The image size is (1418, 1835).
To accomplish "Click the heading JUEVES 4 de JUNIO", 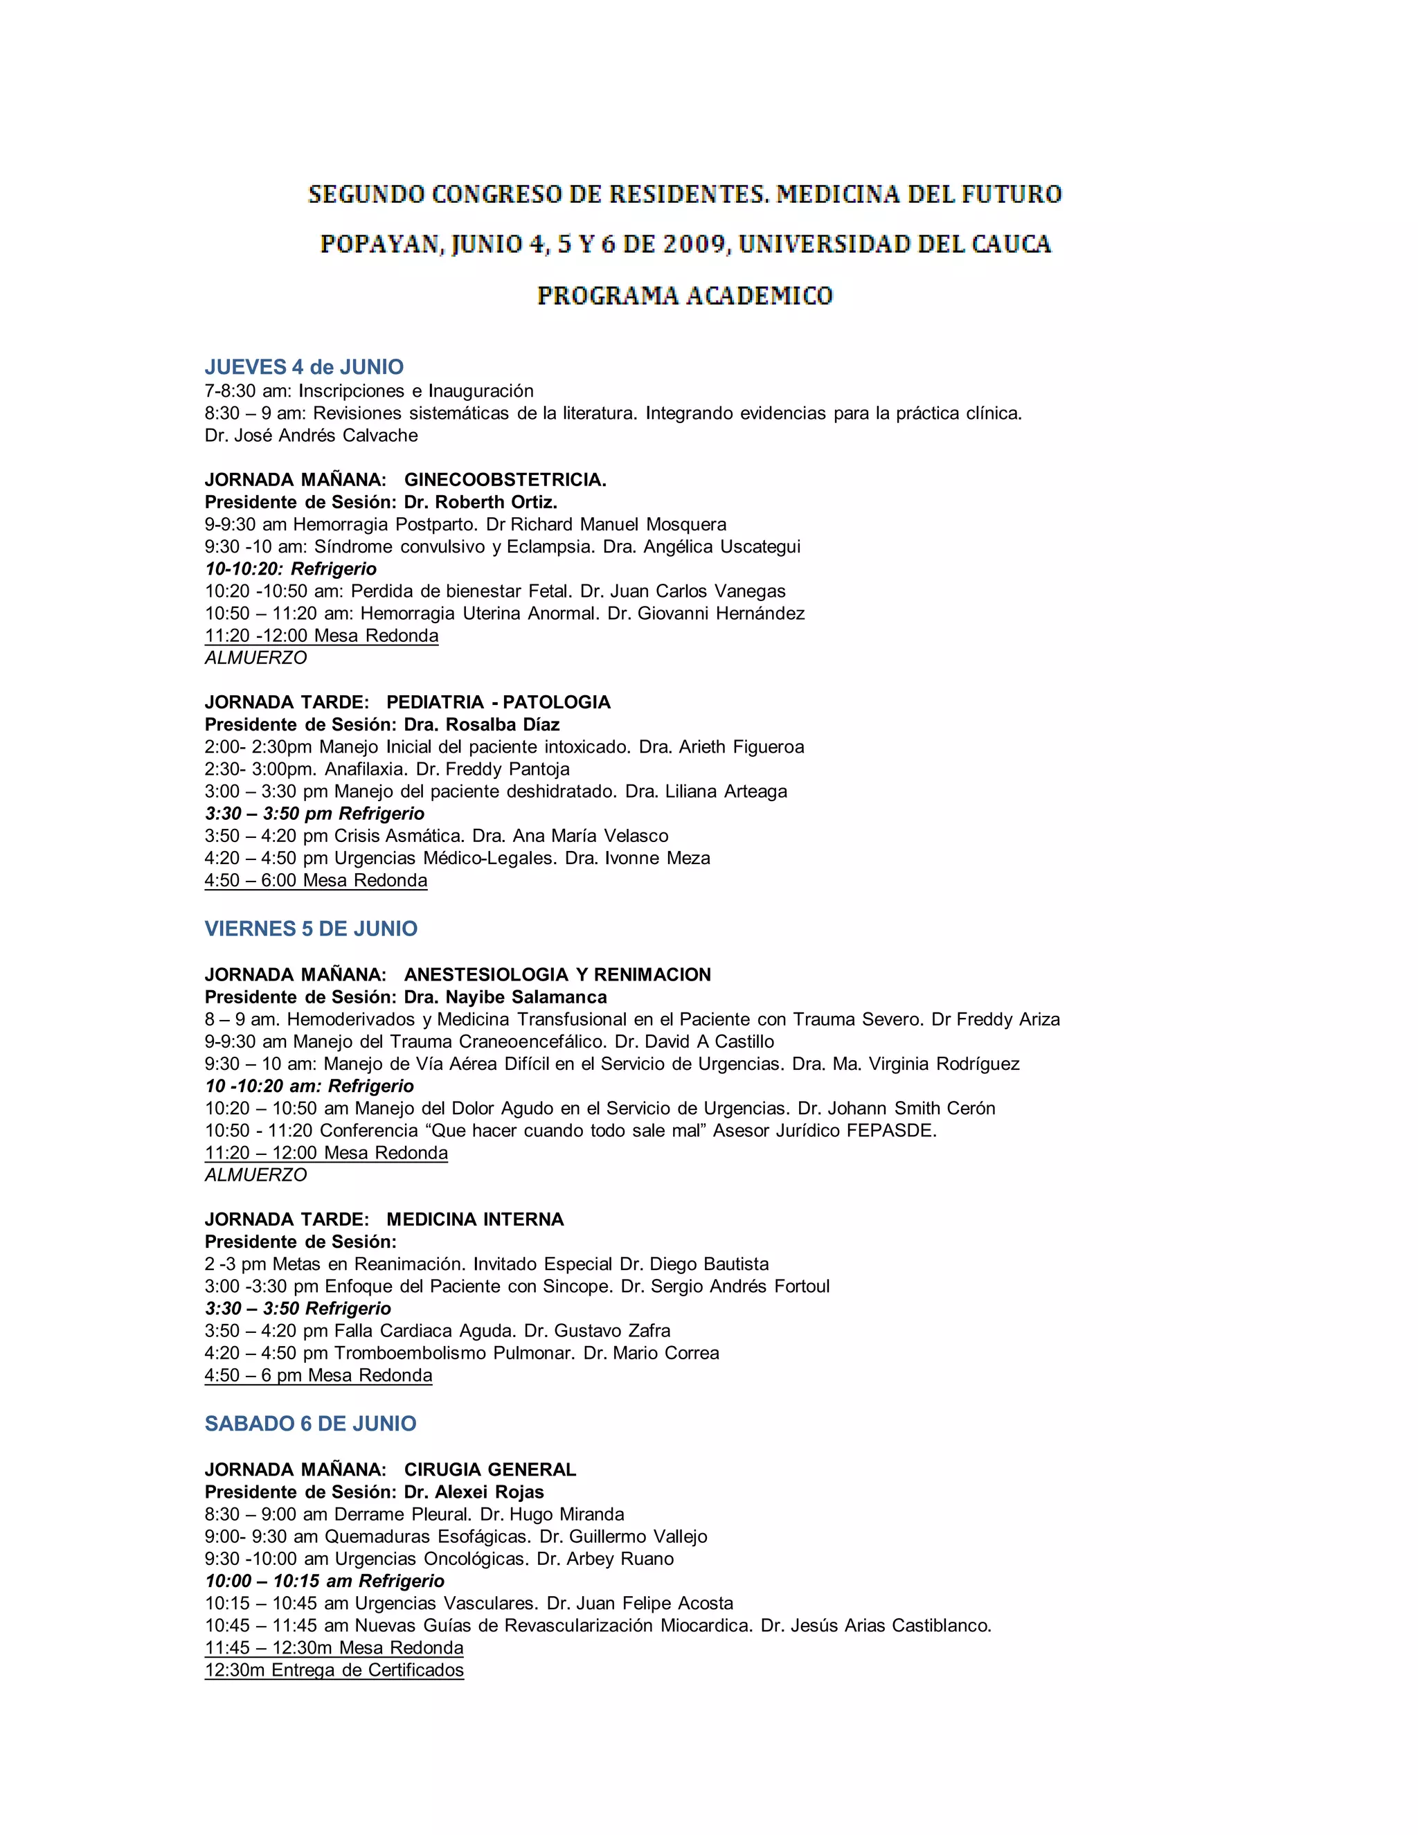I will pos(304,367).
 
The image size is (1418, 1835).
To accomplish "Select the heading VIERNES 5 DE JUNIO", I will pos(311,929).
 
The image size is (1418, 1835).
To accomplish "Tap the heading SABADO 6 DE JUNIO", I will pos(311,1423).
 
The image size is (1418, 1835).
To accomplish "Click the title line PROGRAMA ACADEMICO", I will pos(685,296).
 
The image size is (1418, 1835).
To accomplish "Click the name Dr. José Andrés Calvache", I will pos(311,436).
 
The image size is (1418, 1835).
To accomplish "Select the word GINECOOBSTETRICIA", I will pos(505,480).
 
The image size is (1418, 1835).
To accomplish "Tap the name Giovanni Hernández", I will pos(721,614).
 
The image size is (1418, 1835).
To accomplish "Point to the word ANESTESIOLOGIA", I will pos(485,975).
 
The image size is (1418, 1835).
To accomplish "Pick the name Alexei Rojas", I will pos(492,1492).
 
